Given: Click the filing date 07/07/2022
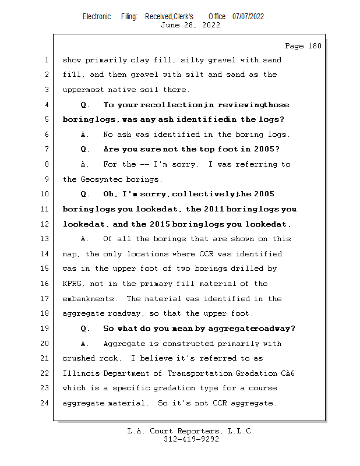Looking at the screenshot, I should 248,16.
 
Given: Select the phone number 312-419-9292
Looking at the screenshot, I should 191,439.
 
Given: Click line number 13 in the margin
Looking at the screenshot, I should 46,239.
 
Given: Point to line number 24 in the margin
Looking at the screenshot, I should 46,403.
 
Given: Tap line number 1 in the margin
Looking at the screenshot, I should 47,60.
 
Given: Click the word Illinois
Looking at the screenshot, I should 81,373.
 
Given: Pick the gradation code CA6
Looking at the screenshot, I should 285,373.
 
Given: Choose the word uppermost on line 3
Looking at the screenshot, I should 83,90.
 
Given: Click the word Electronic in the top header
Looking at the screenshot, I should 97,16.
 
